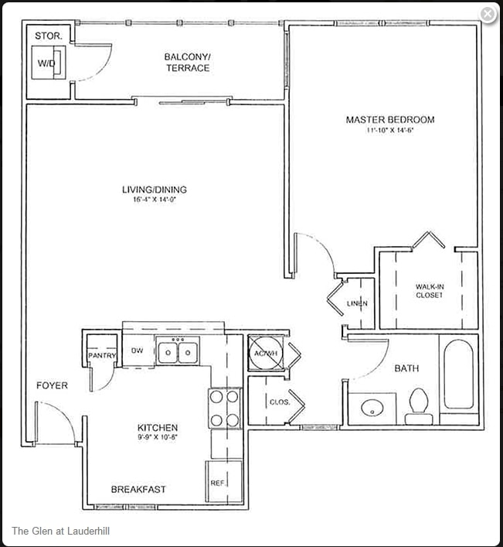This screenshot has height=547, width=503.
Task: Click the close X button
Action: pos(488,14)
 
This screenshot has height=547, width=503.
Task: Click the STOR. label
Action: pos(48,36)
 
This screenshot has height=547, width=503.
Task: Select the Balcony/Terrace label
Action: pos(187,62)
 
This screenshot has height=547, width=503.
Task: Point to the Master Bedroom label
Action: pos(389,120)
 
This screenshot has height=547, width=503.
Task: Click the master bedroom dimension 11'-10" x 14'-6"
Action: pos(390,131)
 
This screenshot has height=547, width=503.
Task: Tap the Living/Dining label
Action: pos(155,190)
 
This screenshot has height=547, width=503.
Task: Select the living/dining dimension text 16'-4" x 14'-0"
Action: pos(155,200)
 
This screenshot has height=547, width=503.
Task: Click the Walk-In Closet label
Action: pos(429,291)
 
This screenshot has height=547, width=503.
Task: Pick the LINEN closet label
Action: pos(357,303)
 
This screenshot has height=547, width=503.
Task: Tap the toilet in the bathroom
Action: pos(419,403)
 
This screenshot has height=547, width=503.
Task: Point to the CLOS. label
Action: pos(280,402)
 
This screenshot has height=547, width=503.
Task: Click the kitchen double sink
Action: pos(177,353)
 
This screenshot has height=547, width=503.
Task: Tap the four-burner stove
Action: pos(225,408)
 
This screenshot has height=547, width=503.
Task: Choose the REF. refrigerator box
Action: pos(218,483)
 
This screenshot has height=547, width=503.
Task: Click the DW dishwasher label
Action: pos(138,350)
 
